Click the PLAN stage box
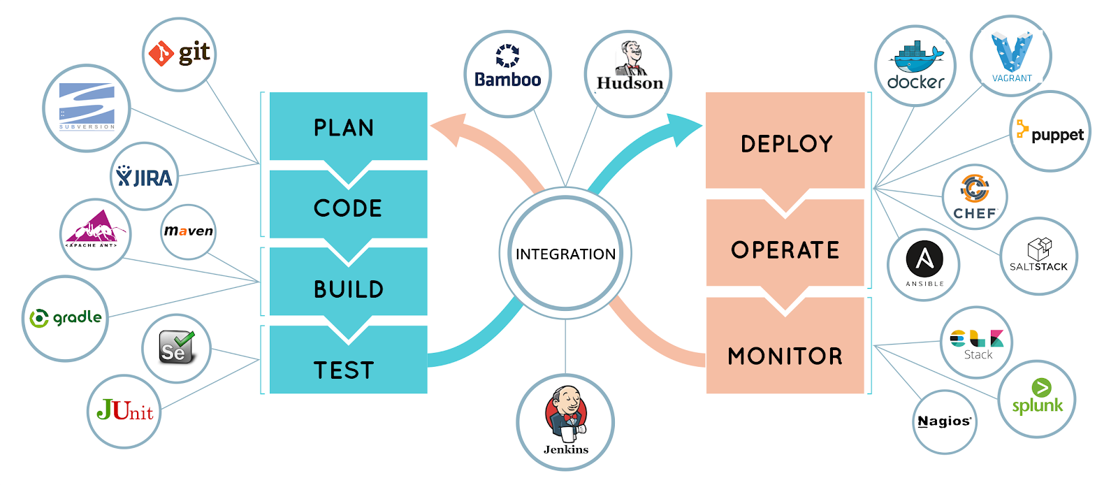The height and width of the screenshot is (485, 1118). [348, 126]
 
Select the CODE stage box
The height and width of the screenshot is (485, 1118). [348, 207]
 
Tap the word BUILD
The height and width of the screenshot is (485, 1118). [348, 289]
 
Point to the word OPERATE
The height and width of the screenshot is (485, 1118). [785, 249]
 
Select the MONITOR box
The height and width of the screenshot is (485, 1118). [785, 355]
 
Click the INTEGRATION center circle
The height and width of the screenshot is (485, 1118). [565, 254]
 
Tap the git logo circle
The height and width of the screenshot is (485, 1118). [179, 54]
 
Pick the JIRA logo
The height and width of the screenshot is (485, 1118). [145, 176]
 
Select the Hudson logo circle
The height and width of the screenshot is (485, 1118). [628, 73]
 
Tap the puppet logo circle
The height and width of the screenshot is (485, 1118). [1050, 131]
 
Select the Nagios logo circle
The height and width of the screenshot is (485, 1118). [944, 421]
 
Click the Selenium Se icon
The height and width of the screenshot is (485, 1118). [176, 347]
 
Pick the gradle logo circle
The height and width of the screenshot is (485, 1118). [65, 318]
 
